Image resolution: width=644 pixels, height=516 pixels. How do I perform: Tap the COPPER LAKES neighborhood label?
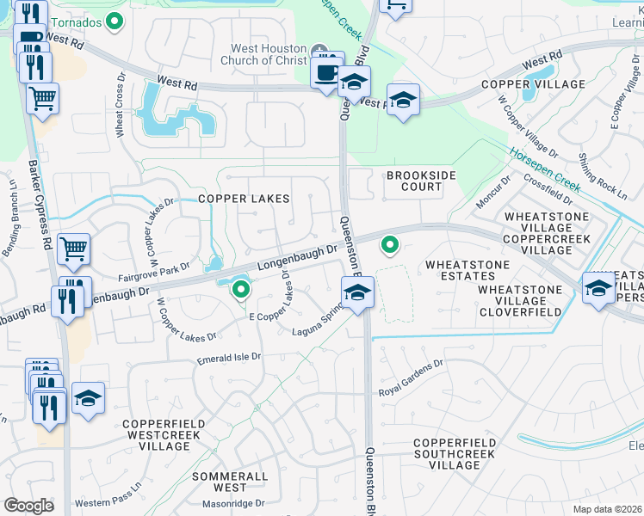[244, 199]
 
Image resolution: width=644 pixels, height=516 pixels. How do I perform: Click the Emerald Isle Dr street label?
[228, 356]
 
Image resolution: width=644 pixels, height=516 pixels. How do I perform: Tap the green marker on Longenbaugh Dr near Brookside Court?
[390, 246]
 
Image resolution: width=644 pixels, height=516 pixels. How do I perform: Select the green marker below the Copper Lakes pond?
[241, 292]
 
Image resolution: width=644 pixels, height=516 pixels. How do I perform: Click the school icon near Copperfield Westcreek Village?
[88, 397]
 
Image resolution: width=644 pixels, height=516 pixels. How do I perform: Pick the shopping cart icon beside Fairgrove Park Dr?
[74, 249]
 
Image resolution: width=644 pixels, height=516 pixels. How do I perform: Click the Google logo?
[28, 506]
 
